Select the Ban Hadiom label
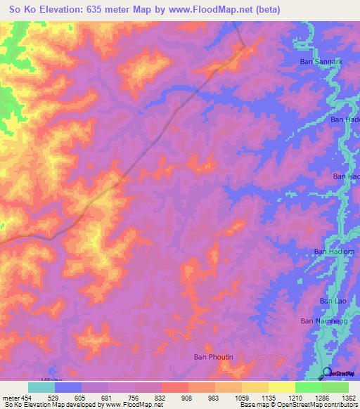click(x=330, y=252)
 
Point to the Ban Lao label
click(x=331, y=301)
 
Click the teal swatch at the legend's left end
click(x=41, y=387)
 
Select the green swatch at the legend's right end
click(x=335, y=387)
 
